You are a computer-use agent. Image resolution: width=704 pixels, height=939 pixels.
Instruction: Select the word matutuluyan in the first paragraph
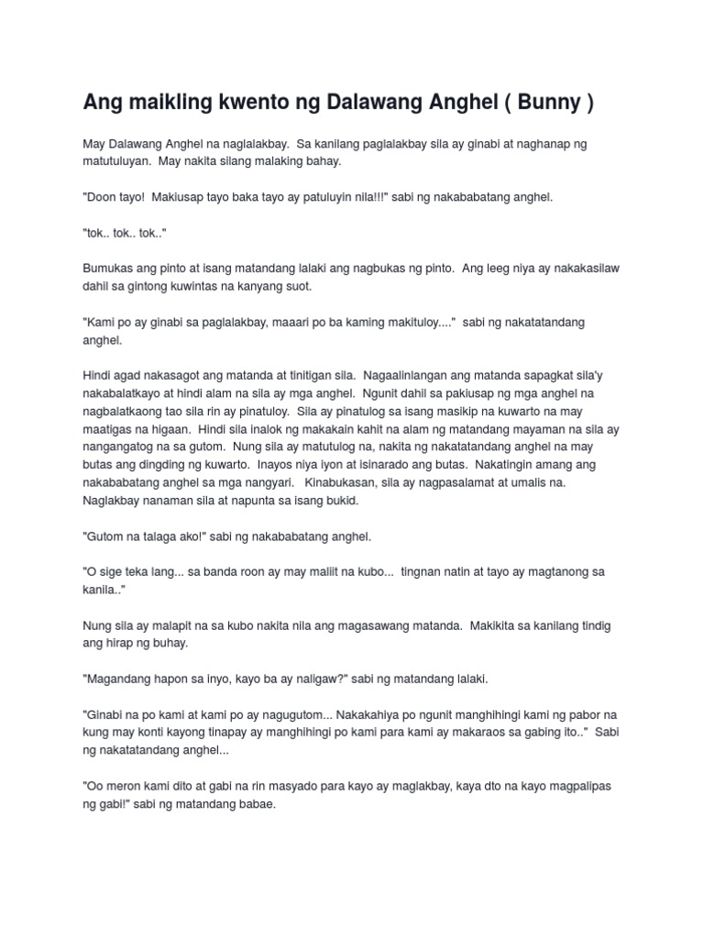point(117,161)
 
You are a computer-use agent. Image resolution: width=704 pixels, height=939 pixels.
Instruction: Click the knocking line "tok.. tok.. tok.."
point(125,233)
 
